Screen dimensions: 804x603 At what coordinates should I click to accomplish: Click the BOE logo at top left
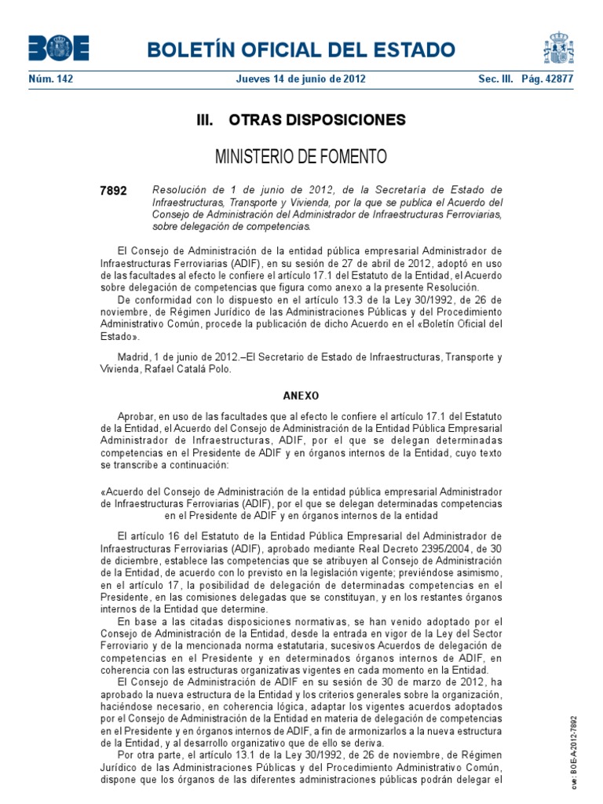[59, 49]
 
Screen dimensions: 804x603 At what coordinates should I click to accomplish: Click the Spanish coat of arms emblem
[558, 48]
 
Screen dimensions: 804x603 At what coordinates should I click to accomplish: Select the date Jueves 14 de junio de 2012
[301, 79]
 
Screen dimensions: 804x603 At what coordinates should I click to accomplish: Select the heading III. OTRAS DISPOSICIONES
[301, 120]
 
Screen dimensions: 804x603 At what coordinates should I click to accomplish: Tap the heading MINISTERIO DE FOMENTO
[301, 157]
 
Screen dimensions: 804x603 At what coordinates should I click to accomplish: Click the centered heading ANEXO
[301, 396]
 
